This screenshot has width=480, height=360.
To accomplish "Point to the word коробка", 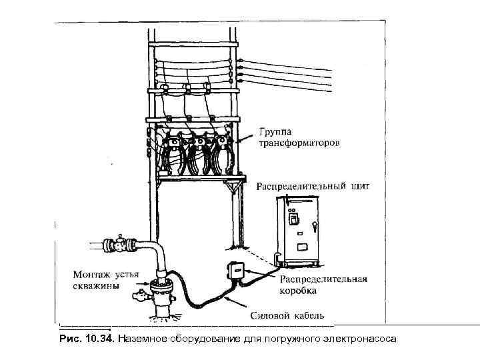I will [x=299, y=291].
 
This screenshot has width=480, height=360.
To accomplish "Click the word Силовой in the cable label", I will [x=268, y=314].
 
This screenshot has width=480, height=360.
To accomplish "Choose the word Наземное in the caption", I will [x=142, y=339].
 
